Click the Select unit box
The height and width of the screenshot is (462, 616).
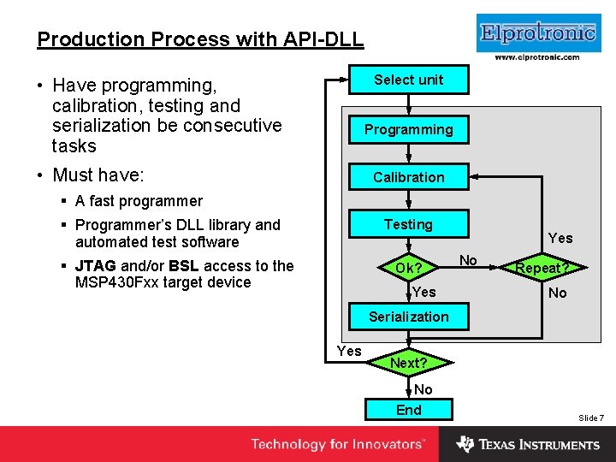tap(409, 80)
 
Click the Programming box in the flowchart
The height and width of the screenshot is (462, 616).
tap(409, 129)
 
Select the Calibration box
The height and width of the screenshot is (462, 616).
tap(409, 177)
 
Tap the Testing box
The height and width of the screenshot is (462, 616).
tap(409, 224)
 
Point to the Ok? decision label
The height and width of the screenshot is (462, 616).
tap(409, 269)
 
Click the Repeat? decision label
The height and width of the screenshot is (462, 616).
tap(542, 268)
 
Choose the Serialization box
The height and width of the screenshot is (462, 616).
tap(409, 317)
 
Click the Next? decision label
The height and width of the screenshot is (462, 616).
tap(409, 363)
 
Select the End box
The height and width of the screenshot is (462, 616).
tap(409, 410)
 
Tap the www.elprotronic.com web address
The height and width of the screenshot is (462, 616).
tap(536, 57)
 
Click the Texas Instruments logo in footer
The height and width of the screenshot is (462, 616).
tap(528, 444)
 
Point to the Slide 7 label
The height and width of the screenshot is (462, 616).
tap(591, 418)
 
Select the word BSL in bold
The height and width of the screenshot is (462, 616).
tap(185, 266)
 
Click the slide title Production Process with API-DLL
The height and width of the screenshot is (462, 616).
tap(200, 39)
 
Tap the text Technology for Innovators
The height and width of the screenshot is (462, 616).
tap(337, 444)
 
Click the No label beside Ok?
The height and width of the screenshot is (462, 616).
tap(468, 260)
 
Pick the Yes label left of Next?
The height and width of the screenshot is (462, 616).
tap(349, 351)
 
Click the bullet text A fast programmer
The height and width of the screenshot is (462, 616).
tap(139, 201)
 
